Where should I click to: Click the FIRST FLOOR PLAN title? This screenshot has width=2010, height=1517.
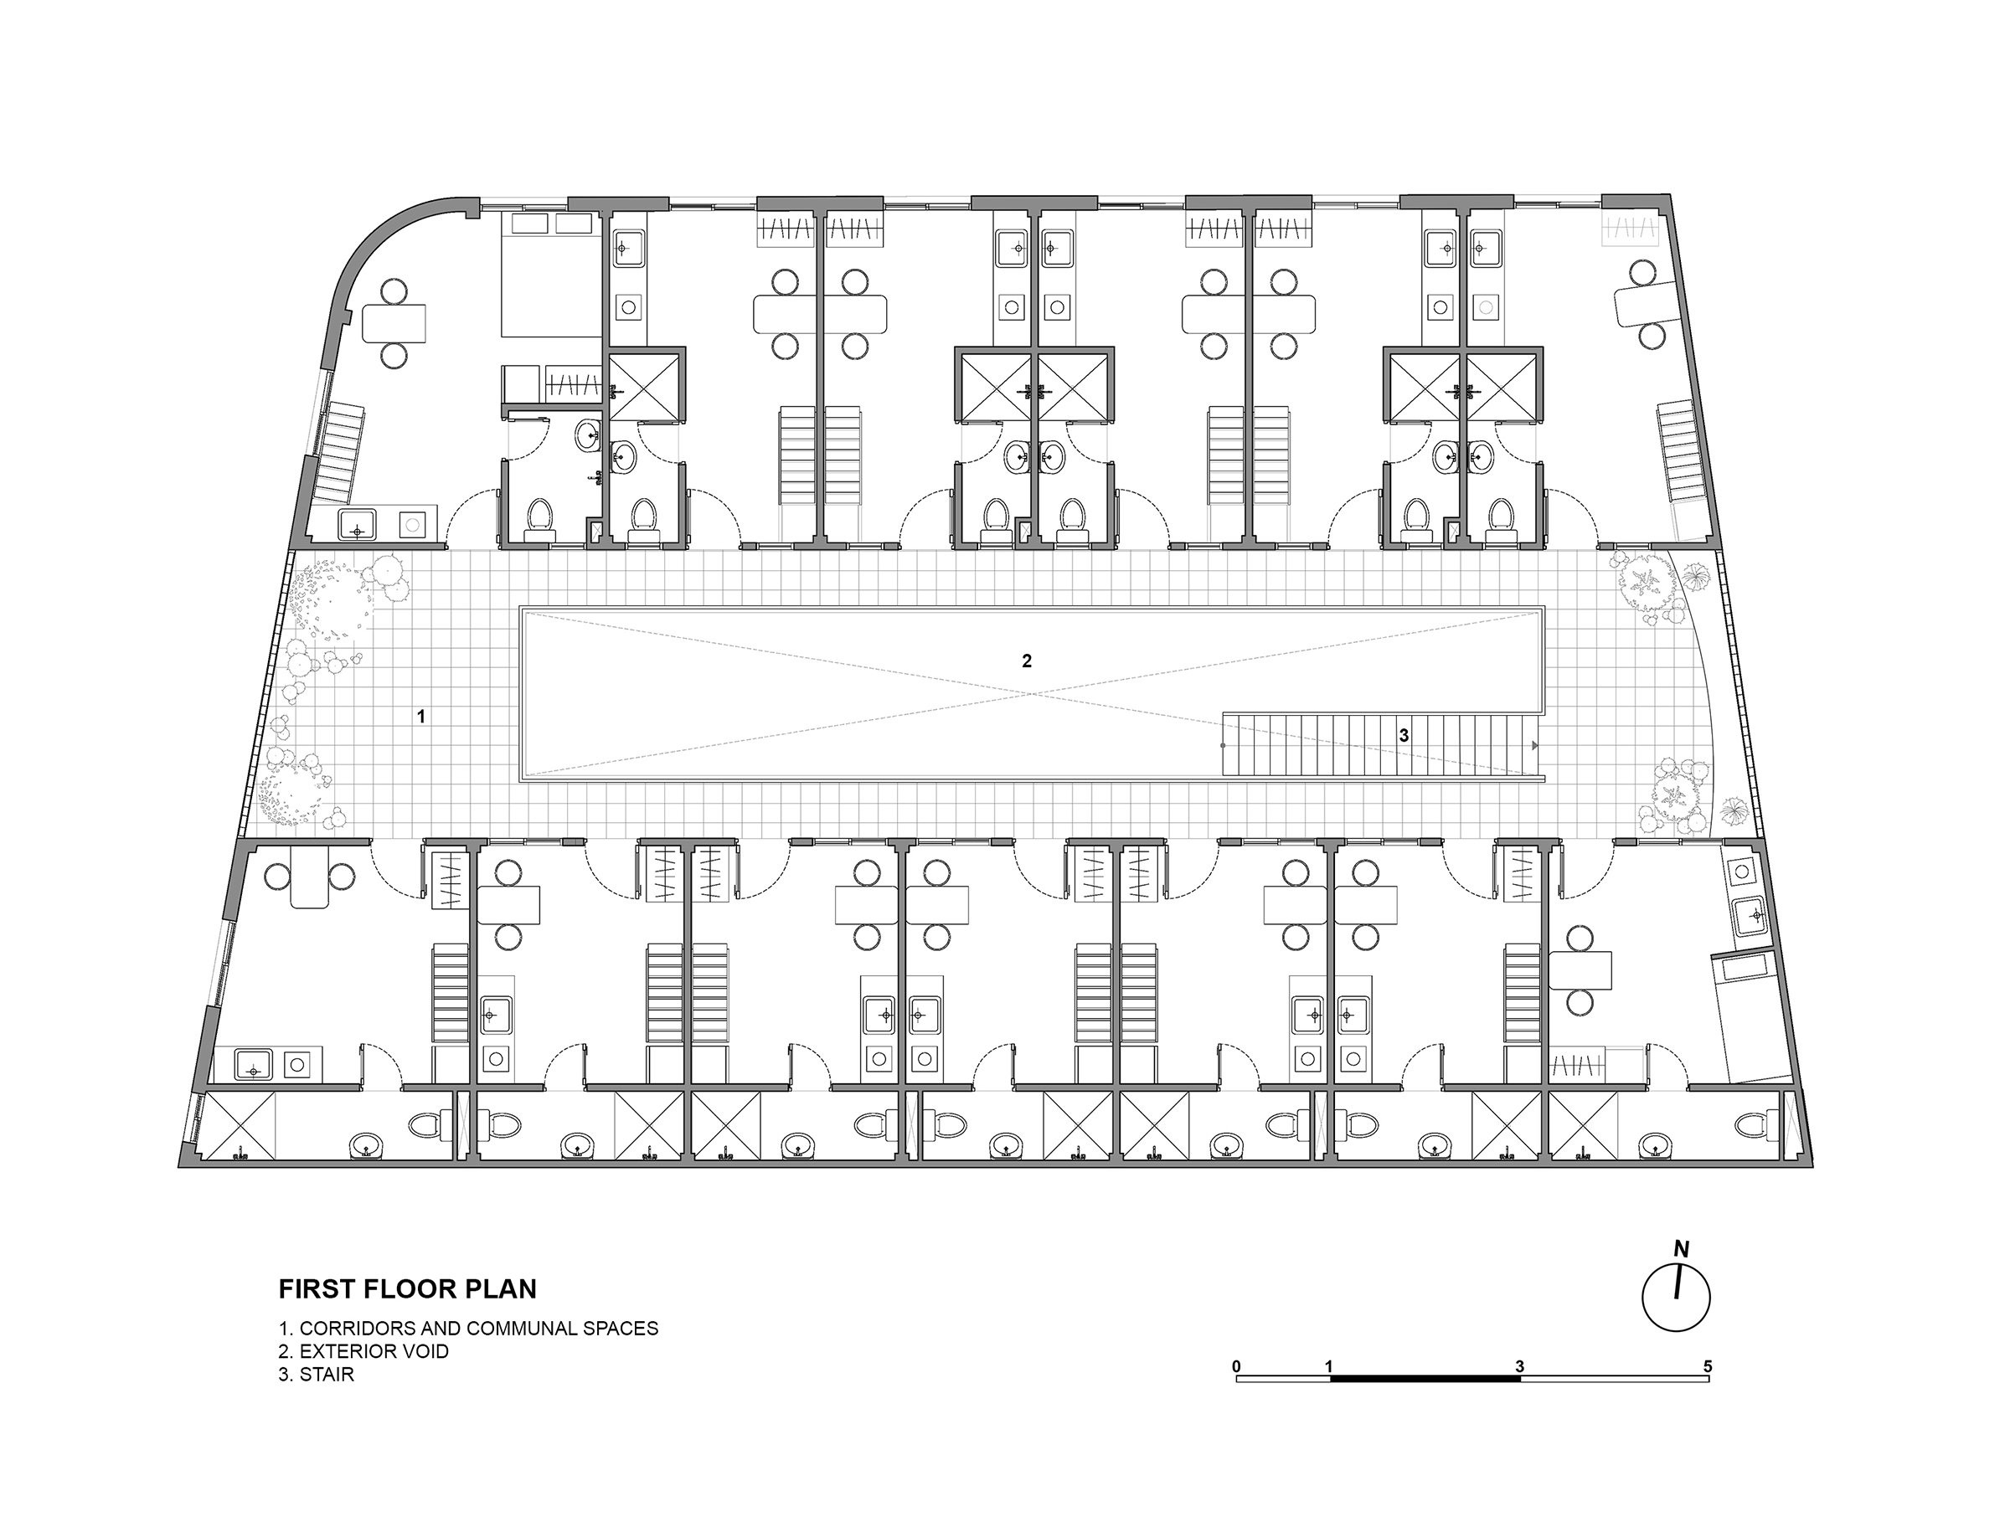(x=407, y=1289)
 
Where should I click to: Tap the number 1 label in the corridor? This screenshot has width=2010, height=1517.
(x=420, y=717)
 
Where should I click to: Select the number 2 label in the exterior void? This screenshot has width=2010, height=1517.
(x=1027, y=661)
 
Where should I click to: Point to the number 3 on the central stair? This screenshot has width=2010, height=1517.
(x=1404, y=736)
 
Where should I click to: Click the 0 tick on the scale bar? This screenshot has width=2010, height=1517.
(x=1237, y=1366)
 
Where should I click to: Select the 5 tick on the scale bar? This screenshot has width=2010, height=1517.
(x=1708, y=1366)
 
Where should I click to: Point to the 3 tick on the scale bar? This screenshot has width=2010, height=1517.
(x=1519, y=1366)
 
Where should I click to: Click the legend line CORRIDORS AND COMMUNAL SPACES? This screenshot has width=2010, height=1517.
(x=468, y=1328)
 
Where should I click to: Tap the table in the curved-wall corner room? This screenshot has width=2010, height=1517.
(x=394, y=323)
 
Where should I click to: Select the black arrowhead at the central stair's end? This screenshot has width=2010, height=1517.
(x=1535, y=746)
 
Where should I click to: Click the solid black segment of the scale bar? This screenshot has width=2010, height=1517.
(x=1425, y=1378)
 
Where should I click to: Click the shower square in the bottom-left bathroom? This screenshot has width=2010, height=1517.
(x=238, y=1126)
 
